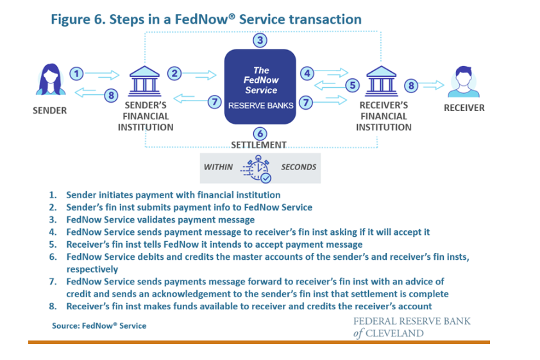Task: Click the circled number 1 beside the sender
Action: [76, 73]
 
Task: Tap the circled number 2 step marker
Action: [174, 73]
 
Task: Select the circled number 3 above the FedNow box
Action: [259, 40]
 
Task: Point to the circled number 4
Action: [307, 73]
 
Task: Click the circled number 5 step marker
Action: [352, 85]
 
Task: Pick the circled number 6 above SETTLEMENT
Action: [259, 133]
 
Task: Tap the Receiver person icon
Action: [464, 81]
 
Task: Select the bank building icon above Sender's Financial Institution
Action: [145, 81]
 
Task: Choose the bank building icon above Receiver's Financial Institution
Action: [383, 81]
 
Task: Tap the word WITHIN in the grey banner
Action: [218, 167]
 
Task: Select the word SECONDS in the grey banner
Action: [298, 167]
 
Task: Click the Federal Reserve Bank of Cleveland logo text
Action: [411, 327]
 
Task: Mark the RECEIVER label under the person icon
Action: [464, 108]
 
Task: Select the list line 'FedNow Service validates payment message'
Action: [160, 220]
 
